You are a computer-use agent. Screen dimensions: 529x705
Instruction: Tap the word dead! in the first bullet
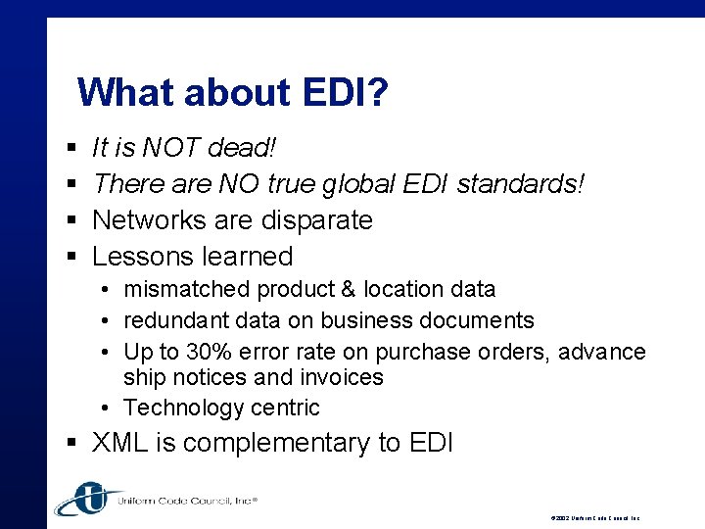point(245,149)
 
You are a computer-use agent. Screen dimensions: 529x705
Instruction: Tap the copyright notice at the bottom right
point(594,517)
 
